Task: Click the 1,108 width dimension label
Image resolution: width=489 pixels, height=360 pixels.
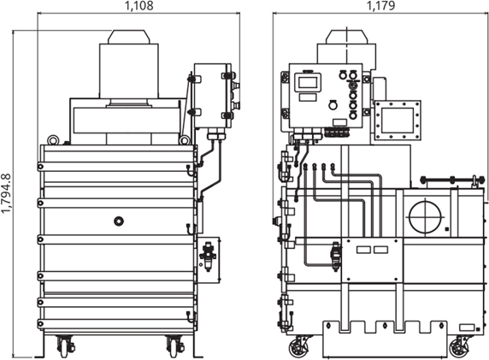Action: tap(138, 6)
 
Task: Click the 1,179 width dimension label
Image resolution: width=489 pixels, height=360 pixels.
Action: tap(380, 5)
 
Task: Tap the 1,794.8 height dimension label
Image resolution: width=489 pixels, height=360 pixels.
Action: tap(6, 193)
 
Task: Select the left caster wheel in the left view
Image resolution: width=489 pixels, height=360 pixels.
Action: tap(65, 346)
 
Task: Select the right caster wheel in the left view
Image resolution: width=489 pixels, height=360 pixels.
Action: tap(174, 346)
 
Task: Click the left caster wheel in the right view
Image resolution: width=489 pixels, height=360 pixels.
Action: tap(297, 347)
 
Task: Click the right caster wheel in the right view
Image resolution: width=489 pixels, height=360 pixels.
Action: tap(459, 347)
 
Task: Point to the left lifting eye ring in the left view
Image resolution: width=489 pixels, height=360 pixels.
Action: tap(53, 139)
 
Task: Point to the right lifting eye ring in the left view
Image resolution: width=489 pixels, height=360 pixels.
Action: tap(185, 139)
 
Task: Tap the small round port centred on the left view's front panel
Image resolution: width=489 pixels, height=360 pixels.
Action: tap(119, 221)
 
